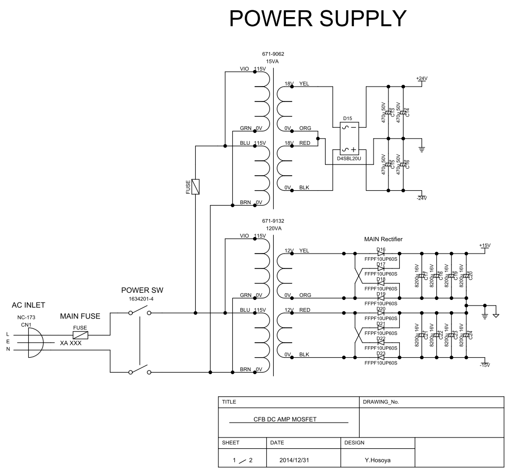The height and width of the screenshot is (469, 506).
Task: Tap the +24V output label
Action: [421, 78]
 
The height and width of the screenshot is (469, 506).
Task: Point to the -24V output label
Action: [421, 198]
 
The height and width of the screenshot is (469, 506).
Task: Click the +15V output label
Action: [485, 245]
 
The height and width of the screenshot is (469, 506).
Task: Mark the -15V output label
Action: [485, 365]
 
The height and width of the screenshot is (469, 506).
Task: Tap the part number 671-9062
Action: [273, 54]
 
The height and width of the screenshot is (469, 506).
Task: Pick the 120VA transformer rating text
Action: [273, 227]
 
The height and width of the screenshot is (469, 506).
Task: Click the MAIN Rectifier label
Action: [383, 239]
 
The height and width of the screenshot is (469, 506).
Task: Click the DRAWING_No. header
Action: [382, 401]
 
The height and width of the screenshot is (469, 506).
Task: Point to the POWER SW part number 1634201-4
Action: [136, 298]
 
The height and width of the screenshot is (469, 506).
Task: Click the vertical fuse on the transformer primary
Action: [195, 186]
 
